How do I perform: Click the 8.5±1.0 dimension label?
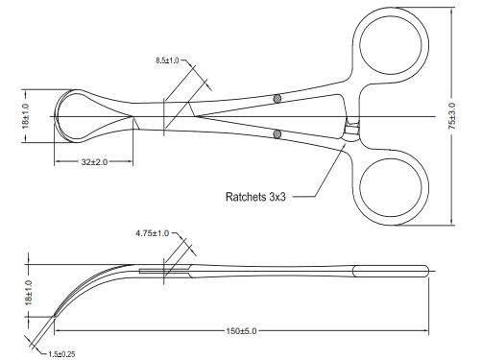click(167, 60)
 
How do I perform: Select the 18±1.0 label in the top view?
click(26, 116)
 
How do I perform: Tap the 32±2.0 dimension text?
click(94, 162)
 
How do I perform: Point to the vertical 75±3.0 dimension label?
click(452, 116)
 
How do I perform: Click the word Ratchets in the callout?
click(246, 197)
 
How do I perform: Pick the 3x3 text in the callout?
click(277, 197)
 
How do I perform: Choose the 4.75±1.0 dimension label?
click(152, 233)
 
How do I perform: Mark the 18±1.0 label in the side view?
click(29, 292)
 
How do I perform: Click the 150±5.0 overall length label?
click(241, 331)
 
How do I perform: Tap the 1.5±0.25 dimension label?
click(61, 354)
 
